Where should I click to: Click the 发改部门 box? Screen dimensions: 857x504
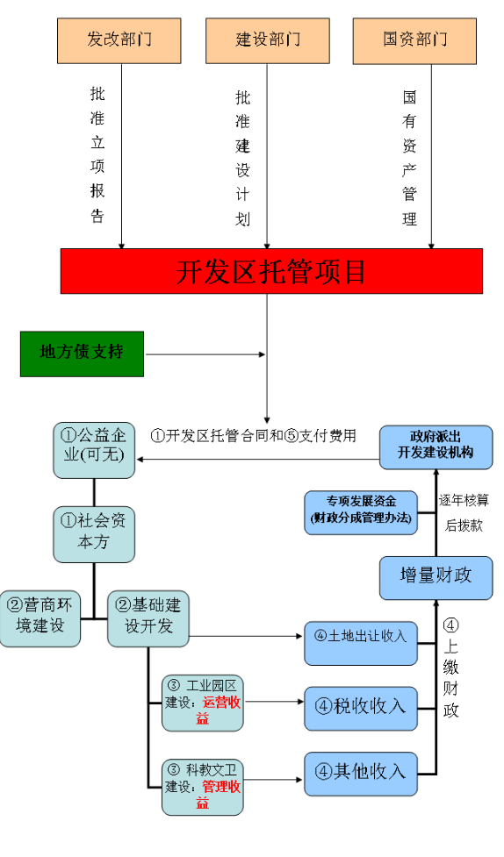click(x=119, y=39)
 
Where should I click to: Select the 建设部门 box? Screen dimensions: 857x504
click(x=268, y=39)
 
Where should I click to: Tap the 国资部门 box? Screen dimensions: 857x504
click(x=414, y=39)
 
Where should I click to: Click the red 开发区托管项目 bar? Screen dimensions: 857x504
click(x=271, y=271)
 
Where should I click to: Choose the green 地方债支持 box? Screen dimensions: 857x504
click(x=82, y=353)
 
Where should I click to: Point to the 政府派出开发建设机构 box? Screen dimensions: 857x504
click(x=436, y=445)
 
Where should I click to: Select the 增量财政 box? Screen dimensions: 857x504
click(x=436, y=575)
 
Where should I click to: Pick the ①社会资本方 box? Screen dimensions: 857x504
click(x=94, y=533)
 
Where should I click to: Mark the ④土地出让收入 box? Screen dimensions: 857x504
click(x=361, y=637)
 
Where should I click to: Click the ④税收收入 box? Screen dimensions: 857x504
click(x=361, y=706)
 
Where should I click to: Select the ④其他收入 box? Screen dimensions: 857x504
click(x=361, y=772)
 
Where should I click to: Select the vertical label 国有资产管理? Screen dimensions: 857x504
click(x=409, y=158)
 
